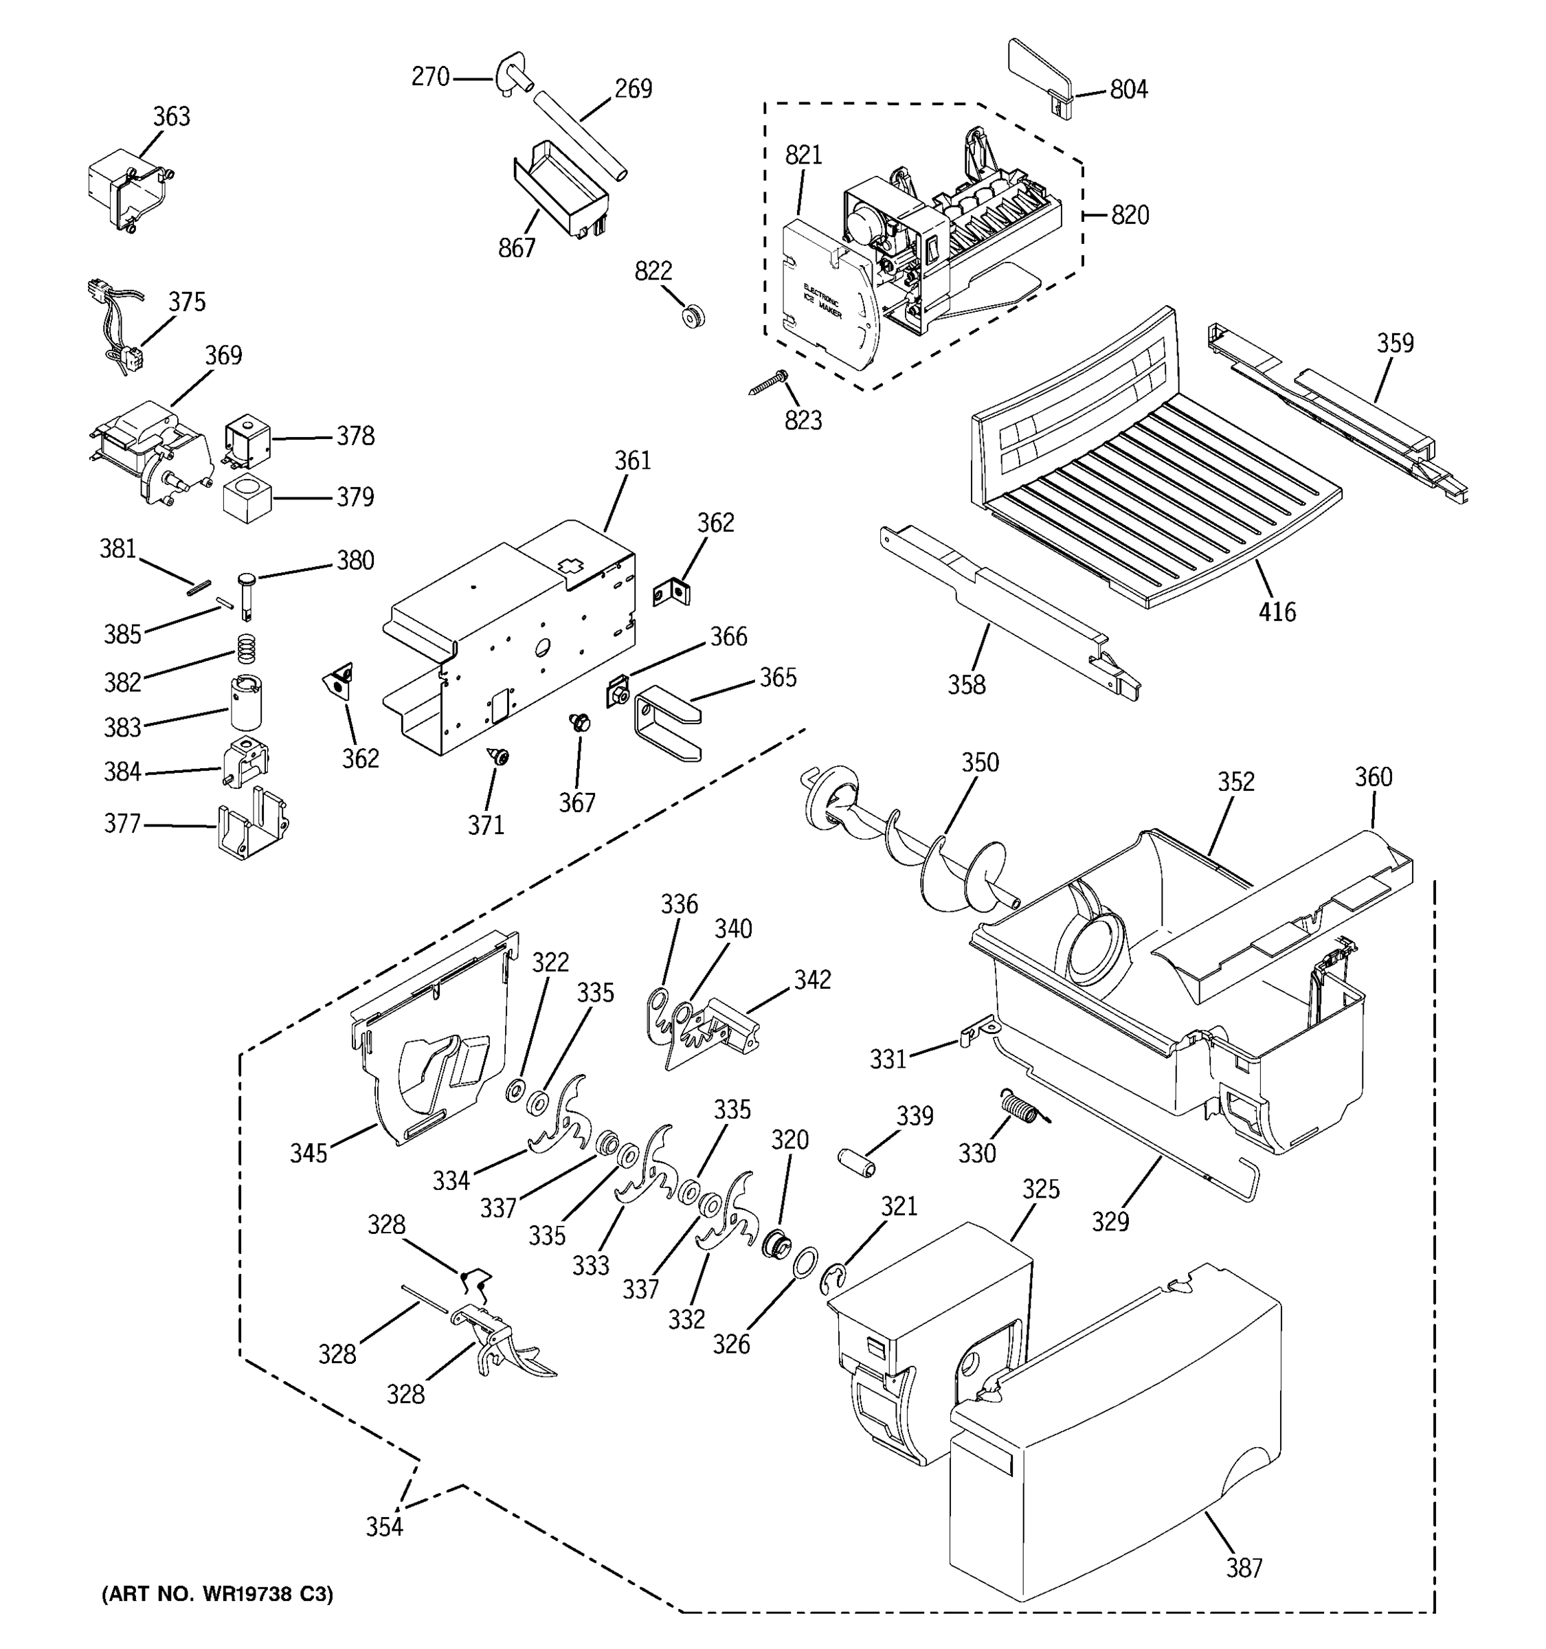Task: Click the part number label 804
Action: click(1128, 89)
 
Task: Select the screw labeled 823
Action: click(768, 383)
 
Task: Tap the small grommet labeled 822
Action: click(692, 316)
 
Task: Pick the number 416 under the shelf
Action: click(1277, 612)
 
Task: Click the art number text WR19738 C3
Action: click(216, 1593)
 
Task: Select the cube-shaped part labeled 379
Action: click(247, 497)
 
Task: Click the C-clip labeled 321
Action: click(834, 1278)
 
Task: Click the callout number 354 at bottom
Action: click(384, 1526)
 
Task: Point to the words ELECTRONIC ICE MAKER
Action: click(821, 303)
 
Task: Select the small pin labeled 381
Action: click(199, 587)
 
